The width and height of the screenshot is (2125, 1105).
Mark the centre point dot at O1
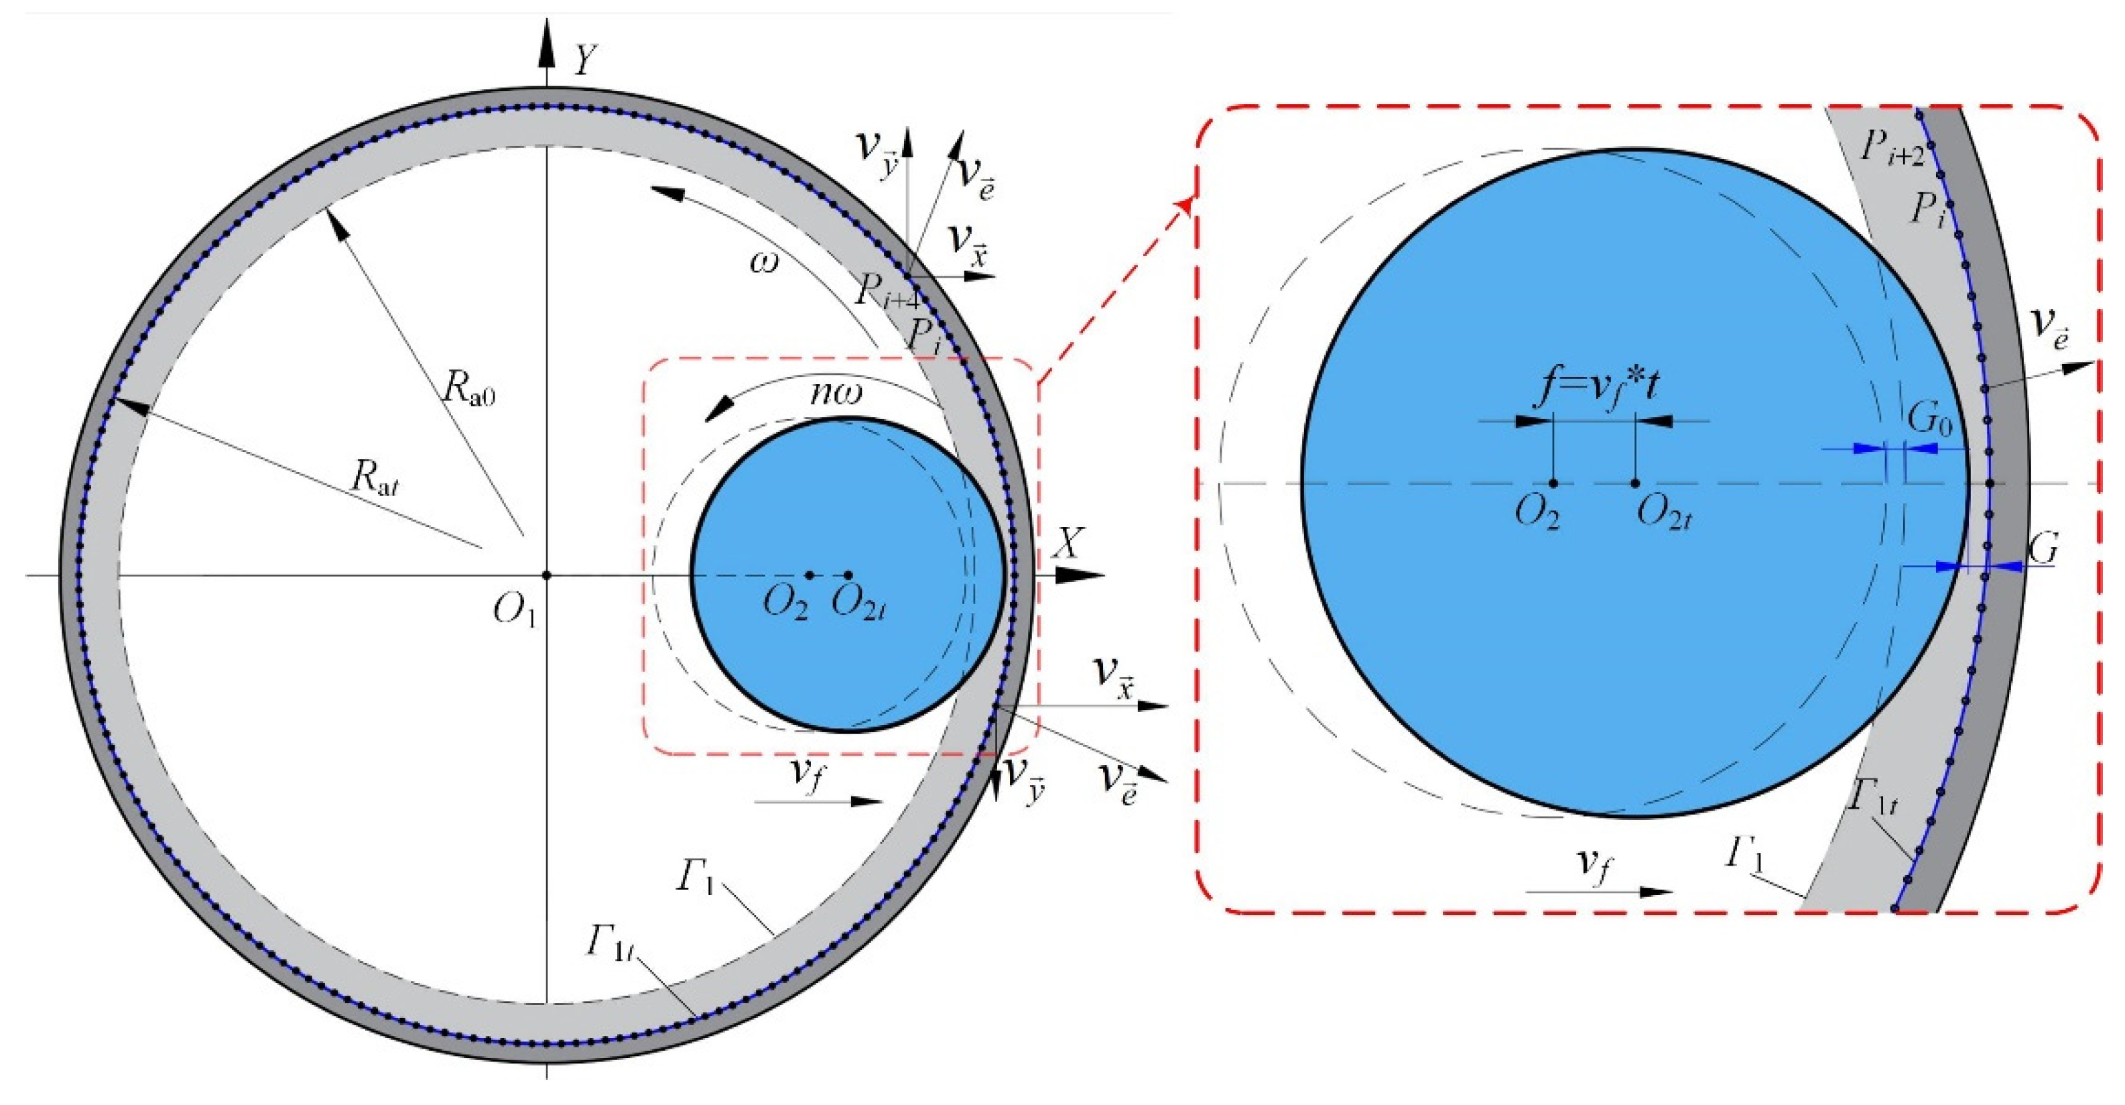pos(546,575)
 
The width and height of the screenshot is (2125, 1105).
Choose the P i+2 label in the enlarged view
pos(1890,149)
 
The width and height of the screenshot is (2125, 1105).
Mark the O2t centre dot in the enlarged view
pos(1635,483)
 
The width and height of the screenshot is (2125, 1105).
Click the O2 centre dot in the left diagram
pos(810,575)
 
